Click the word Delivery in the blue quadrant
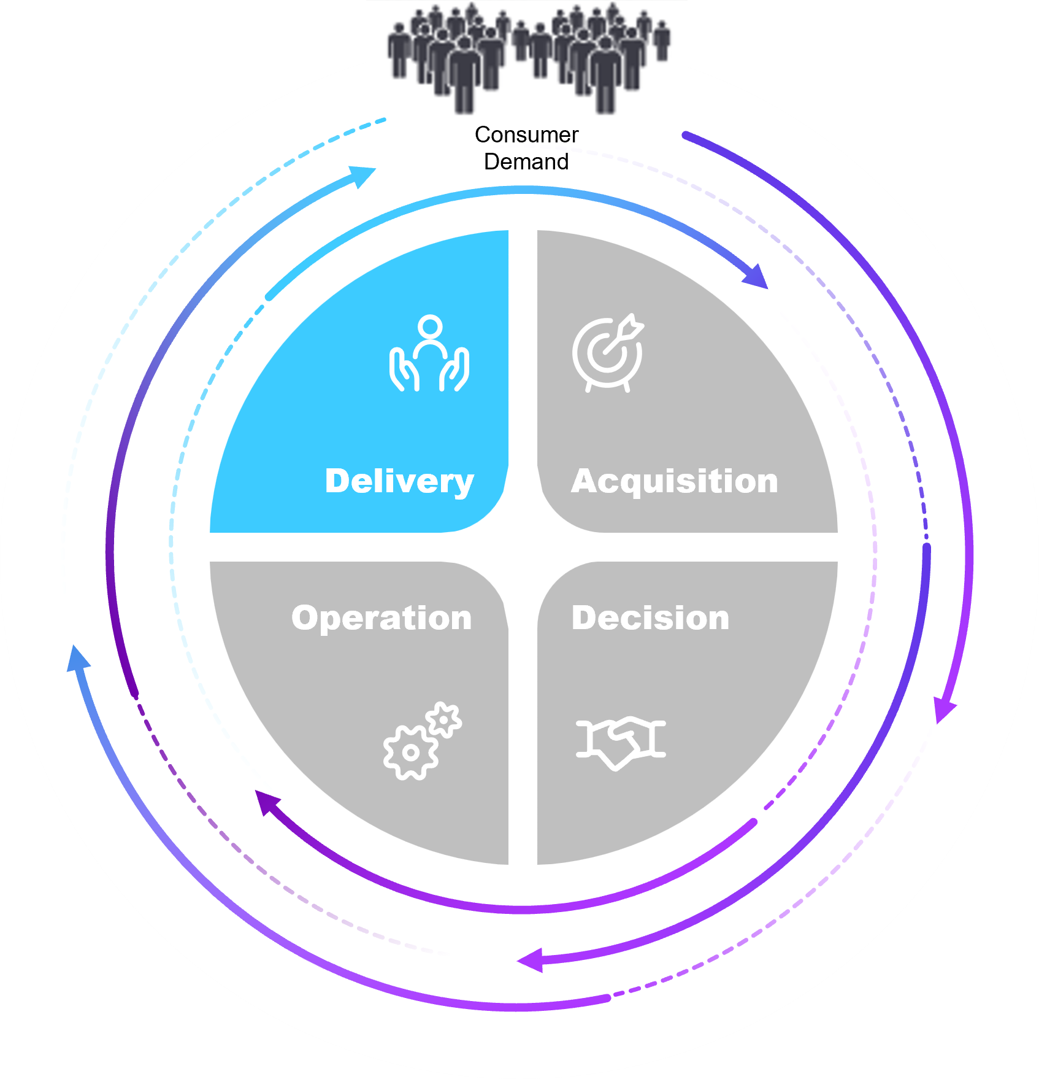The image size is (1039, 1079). (x=399, y=481)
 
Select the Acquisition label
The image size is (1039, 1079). (x=675, y=481)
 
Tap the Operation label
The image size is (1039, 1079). (x=381, y=618)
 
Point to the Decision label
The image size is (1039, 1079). (x=650, y=618)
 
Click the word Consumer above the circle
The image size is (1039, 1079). (x=526, y=135)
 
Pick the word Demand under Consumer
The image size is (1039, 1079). (x=526, y=162)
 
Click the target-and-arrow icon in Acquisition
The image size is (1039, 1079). (x=608, y=354)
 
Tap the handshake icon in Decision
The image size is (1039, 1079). (x=621, y=741)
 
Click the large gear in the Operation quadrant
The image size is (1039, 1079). (x=410, y=752)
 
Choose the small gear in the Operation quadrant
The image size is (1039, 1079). (x=444, y=719)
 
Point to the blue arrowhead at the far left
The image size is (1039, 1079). (x=77, y=659)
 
